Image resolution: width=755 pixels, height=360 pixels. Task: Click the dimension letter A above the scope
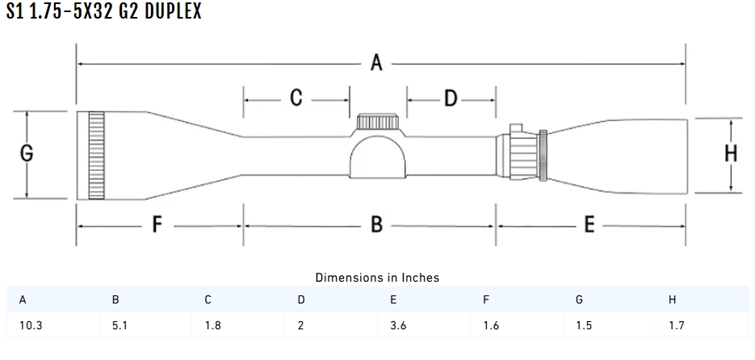pyautogui.click(x=376, y=63)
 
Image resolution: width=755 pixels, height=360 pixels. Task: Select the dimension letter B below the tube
pyautogui.click(x=376, y=225)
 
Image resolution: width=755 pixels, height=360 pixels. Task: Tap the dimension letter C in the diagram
pyautogui.click(x=296, y=98)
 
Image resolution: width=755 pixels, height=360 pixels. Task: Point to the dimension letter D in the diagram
pyautogui.click(x=451, y=98)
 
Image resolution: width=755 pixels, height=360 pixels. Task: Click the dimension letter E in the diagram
pyautogui.click(x=589, y=225)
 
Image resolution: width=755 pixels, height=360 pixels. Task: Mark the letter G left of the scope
pyautogui.click(x=27, y=154)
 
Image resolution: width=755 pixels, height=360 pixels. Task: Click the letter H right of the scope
pyautogui.click(x=731, y=154)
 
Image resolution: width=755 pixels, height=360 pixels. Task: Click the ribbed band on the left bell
pyautogui.click(x=96, y=155)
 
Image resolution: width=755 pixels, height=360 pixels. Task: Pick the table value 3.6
pyautogui.click(x=398, y=327)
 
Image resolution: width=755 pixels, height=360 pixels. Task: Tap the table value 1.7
pyautogui.click(x=677, y=327)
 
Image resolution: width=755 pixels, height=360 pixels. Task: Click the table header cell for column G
pyautogui.click(x=580, y=300)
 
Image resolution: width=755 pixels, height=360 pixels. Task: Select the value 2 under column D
pyautogui.click(x=301, y=327)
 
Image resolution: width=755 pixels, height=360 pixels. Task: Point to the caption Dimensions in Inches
pyautogui.click(x=377, y=277)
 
